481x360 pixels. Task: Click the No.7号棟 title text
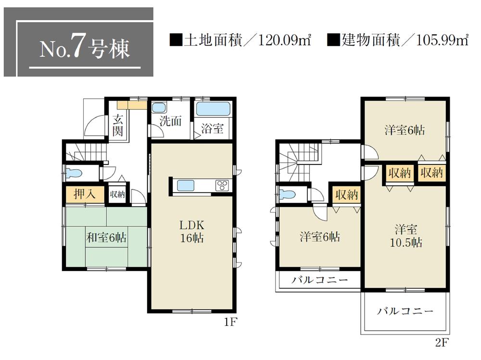click(x=85, y=49)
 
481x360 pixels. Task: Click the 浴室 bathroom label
click(x=212, y=128)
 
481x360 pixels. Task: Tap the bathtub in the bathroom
click(x=213, y=109)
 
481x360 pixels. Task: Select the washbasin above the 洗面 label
click(x=158, y=108)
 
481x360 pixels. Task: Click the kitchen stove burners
click(x=222, y=186)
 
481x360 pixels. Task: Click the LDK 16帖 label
click(x=192, y=231)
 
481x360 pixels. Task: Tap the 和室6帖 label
click(x=106, y=237)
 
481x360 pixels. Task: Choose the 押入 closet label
click(x=84, y=194)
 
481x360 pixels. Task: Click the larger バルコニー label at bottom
click(x=405, y=311)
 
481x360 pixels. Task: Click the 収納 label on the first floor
click(x=117, y=194)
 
